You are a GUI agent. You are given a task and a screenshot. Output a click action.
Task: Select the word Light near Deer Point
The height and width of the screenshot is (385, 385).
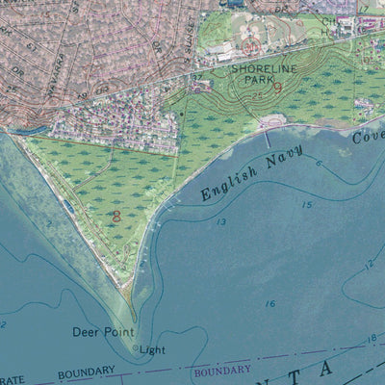153,350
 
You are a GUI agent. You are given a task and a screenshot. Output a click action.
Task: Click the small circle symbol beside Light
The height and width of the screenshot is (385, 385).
136,348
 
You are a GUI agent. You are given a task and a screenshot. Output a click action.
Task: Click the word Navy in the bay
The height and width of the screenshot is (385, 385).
286,155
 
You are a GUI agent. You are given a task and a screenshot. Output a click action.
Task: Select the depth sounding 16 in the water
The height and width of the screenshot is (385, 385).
270,304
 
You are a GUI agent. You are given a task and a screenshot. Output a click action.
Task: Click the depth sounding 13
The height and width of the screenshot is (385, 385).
221,222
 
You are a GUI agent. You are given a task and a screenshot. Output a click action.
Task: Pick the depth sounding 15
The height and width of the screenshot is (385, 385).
306,204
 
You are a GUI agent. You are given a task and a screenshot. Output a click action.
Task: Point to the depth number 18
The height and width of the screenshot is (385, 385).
372,339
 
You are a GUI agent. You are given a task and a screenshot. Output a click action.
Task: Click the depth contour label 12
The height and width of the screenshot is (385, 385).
370,264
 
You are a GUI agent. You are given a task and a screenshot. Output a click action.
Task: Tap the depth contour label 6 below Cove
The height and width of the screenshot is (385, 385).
319,163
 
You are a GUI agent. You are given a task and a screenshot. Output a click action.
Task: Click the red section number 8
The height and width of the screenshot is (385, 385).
116,217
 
